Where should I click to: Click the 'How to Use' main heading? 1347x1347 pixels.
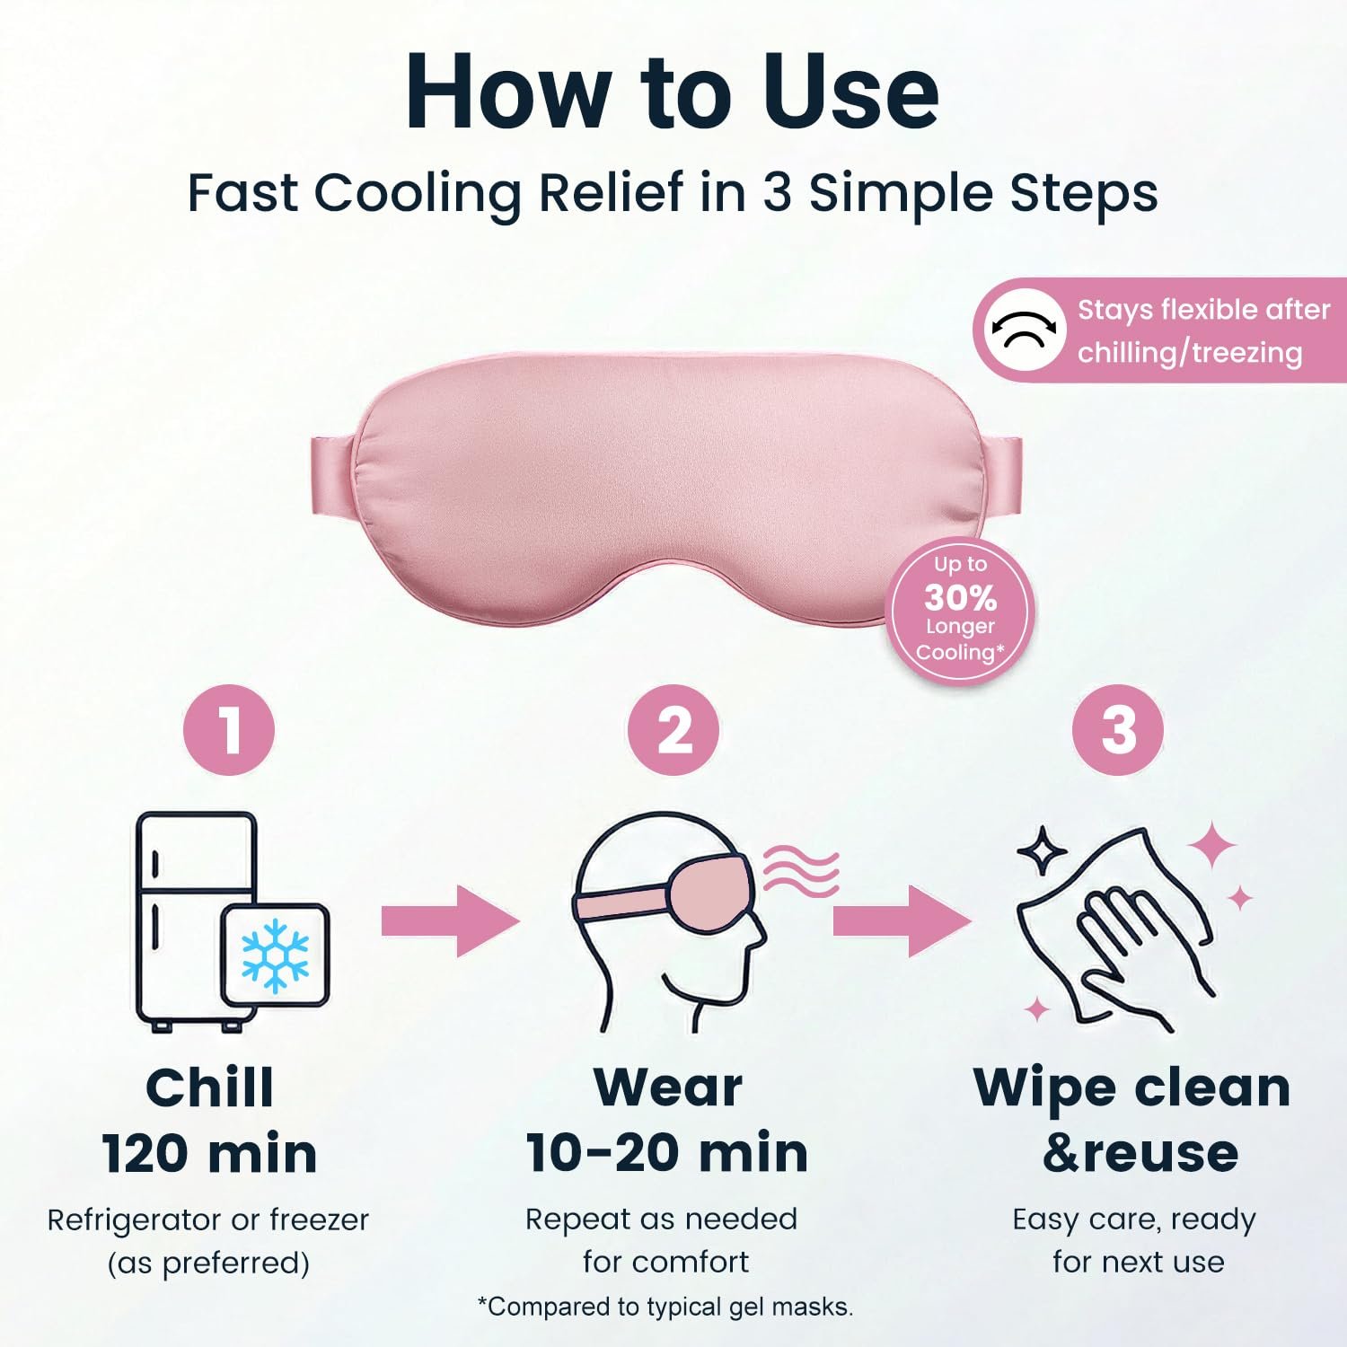click(x=672, y=92)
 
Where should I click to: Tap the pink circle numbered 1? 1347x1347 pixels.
click(x=229, y=730)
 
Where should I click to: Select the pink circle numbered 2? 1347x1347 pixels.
click(x=673, y=730)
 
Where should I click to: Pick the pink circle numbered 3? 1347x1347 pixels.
click(x=1117, y=730)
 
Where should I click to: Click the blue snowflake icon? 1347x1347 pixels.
click(x=275, y=955)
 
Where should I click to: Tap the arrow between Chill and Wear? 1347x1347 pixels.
click(x=451, y=920)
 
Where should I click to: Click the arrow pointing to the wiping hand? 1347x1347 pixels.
click(x=902, y=920)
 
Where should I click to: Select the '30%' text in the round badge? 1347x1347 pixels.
click(x=960, y=597)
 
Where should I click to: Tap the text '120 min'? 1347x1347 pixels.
click(x=209, y=1154)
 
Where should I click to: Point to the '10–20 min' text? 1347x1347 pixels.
click(x=667, y=1153)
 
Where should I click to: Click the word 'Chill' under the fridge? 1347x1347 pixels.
click(x=209, y=1088)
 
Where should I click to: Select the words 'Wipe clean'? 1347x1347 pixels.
click(x=1131, y=1088)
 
